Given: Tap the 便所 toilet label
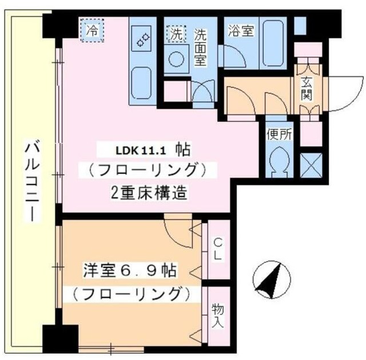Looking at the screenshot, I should tap(279, 135).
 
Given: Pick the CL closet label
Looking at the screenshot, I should tap(217, 250).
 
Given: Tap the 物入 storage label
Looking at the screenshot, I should tap(218, 315).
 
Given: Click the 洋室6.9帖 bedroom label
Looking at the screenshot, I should tap(128, 270).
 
